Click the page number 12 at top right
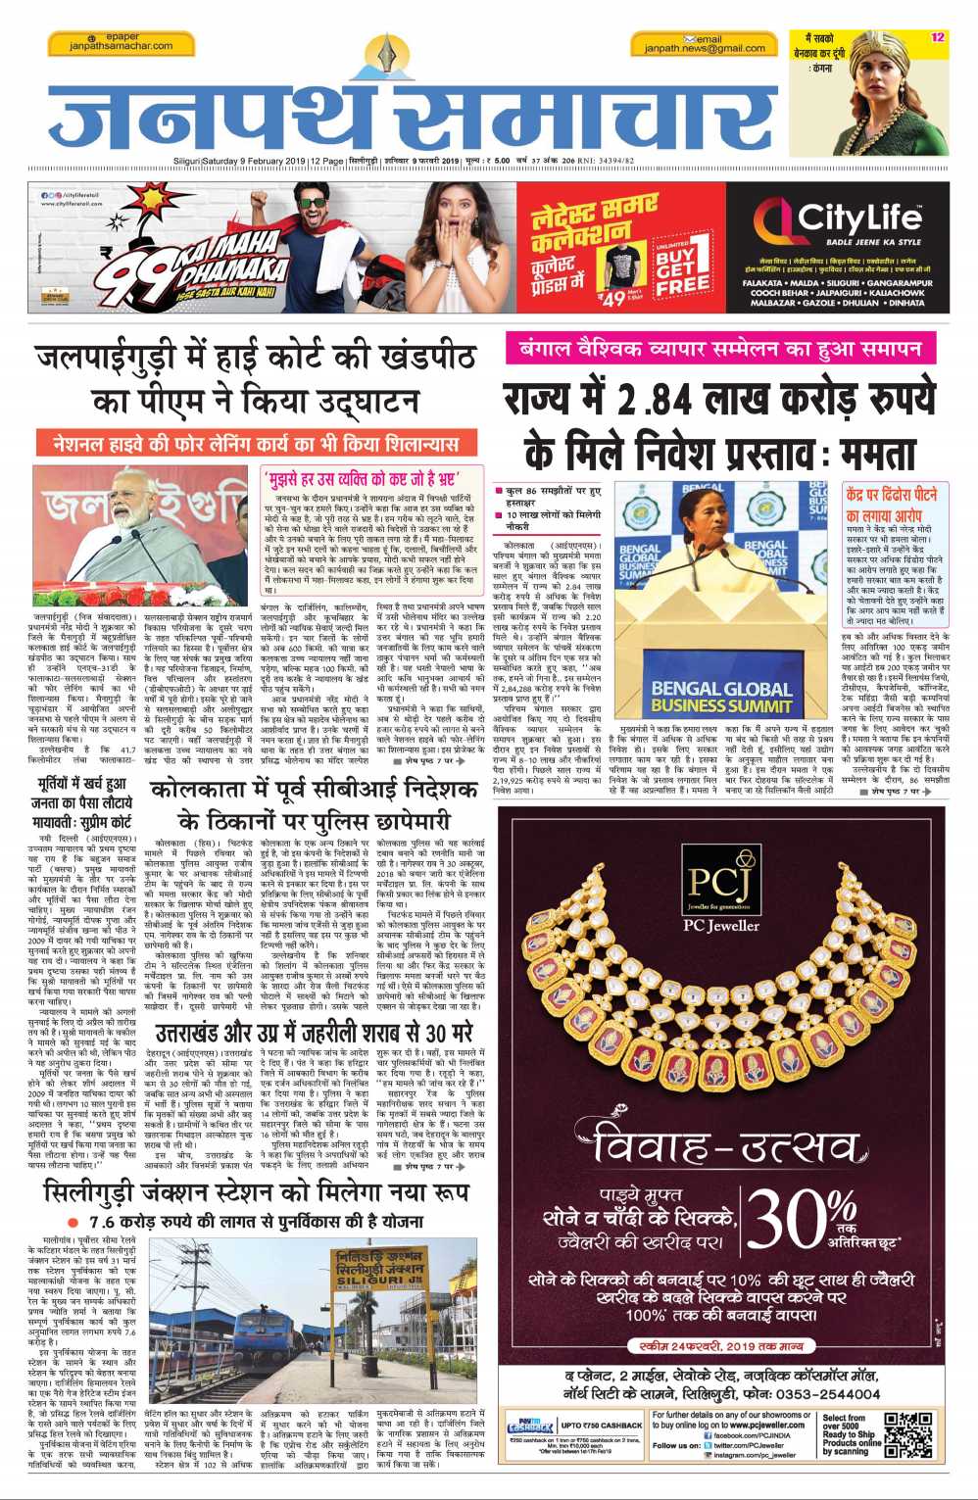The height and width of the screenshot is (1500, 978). coord(938,37)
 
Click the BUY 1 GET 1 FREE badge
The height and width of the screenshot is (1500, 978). coord(682,266)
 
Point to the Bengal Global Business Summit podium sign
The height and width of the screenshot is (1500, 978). coord(721,697)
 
